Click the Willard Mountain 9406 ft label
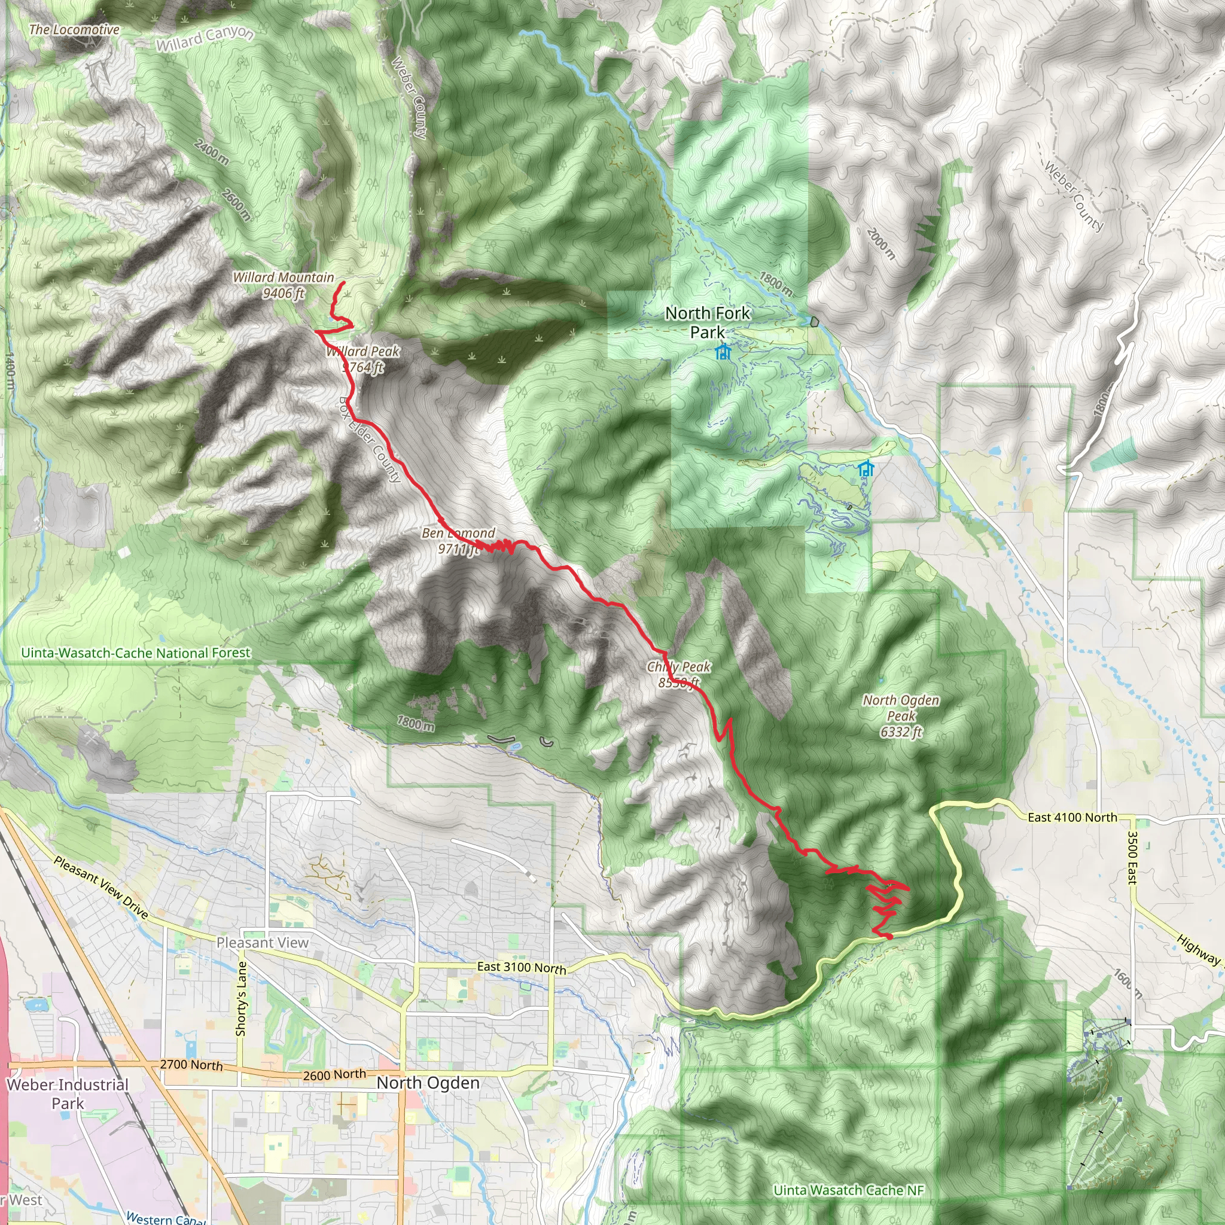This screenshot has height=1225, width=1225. (284, 285)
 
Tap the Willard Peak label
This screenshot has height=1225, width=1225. (362, 359)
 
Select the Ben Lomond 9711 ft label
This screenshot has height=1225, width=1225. (458, 541)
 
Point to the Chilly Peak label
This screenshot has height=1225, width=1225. (678, 675)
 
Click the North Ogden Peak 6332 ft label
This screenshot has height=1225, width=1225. (900, 715)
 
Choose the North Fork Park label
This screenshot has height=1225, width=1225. (707, 322)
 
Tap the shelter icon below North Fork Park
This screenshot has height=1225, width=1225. (722, 352)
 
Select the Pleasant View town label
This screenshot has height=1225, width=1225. (263, 943)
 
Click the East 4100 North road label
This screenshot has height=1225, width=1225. (1072, 817)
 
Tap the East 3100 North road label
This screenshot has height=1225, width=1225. (521, 968)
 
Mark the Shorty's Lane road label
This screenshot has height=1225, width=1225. (241, 999)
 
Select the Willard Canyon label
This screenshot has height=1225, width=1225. (205, 39)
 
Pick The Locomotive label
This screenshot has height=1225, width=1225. (74, 30)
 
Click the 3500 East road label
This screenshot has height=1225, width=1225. (1132, 857)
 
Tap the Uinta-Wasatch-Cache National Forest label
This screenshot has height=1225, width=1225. (136, 653)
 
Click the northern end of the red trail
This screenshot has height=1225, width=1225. (344, 282)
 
